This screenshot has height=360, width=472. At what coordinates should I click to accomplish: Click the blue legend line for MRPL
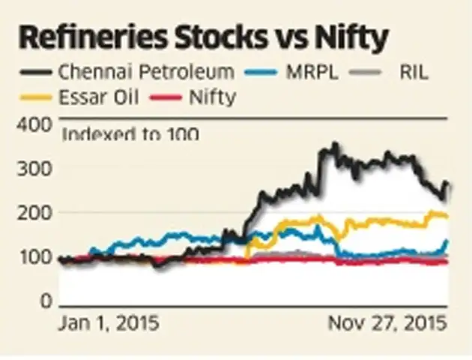pos(263,73)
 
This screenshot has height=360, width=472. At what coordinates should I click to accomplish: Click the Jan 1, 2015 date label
pos(109,324)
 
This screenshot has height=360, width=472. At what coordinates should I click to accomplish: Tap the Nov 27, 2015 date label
pos(387,324)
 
